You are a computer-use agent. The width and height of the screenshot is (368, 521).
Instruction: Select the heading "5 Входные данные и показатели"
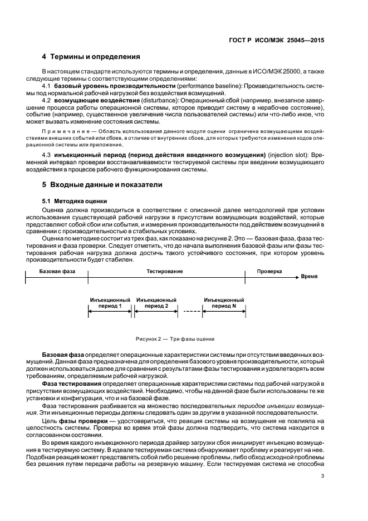click(102, 185)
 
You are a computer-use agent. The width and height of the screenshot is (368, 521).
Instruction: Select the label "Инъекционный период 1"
click(109, 302)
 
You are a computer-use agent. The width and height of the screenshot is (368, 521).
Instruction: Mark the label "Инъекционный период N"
click(224, 302)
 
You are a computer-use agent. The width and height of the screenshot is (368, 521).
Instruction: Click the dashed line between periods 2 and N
click(191, 311)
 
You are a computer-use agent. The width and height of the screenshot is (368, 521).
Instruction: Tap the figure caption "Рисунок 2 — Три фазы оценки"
click(175, 339)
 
